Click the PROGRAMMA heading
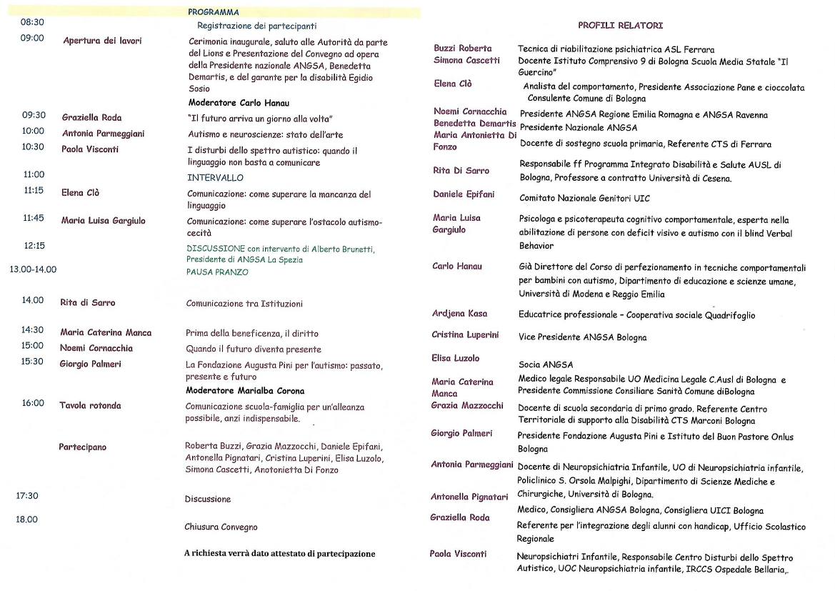coord(213,12)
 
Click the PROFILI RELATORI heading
coord(620,26)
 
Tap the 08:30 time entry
coord(32,23)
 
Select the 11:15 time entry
coord(34,191)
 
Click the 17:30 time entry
coord(29,495)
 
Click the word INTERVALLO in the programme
coord(215,177)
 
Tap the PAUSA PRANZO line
coord(217,272)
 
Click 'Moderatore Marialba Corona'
coord(245,391)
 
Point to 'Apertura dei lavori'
coord(102,41)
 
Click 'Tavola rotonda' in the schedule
coord(90,405)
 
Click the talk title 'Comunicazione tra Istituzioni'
coord(244,304)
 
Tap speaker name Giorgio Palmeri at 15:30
coord(90,364)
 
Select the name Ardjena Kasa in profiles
coord(459,314)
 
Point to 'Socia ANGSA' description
coord(546,364)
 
